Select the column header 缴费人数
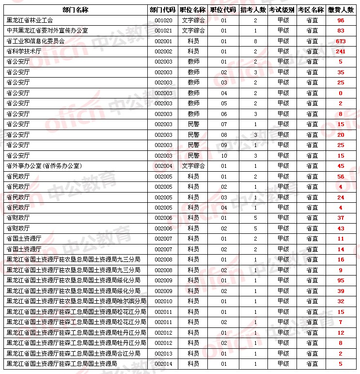(x=341, y=10)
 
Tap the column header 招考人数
(x=253, y=10)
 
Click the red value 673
(x=341, y=41)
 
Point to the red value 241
(x=341, y=51)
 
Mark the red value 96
(x=341, y=20)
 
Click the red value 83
(x=341, y=31)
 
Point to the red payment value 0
(x=341, y=93)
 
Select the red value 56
(x=341, y=177)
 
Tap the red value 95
(x=341, y=280)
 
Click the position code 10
(x=224, y=156)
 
